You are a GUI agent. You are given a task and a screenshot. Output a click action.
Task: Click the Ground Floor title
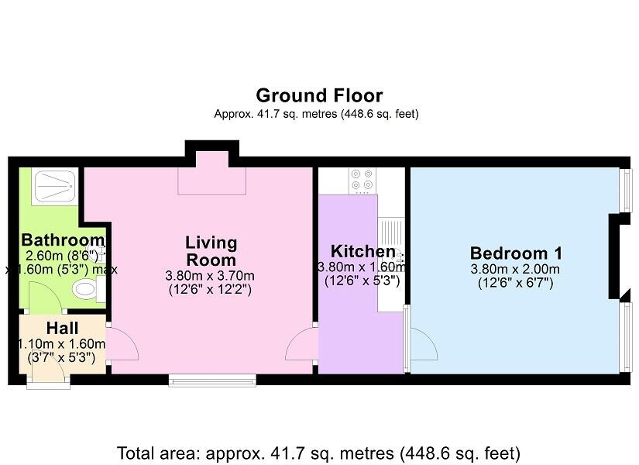click(319, 95)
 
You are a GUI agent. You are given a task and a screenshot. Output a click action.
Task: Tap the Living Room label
click(211, 251)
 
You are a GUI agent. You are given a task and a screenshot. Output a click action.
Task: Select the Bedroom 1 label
click(516, 253)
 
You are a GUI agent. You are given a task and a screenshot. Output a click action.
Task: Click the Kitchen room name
click(362, 251)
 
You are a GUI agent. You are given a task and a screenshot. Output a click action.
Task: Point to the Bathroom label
click(63, 239)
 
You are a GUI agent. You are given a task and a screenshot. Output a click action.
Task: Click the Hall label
click(63, 328)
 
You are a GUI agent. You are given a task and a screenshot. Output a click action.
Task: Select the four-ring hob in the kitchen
click(362, 180)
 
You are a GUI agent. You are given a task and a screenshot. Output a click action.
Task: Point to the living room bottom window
click(212, 381)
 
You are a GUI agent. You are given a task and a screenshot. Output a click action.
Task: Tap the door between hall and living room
click(122, 343)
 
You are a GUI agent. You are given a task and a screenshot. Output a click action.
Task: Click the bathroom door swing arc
click(45, 297)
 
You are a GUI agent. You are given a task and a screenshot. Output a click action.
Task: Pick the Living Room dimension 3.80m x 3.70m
click(210, 276)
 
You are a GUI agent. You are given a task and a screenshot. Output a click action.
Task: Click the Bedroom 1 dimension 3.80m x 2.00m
click(515, 269)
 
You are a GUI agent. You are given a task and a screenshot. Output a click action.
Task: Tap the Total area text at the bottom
click(318, 453)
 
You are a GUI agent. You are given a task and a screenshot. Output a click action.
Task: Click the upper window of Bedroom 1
click(625, 190)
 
